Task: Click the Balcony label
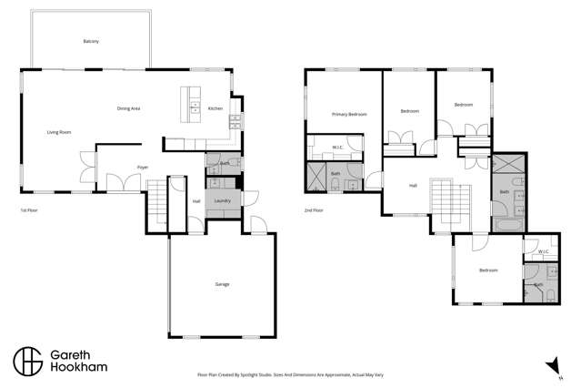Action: coord(90,42)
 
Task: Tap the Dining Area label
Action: coord(128,108)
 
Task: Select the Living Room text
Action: coord(59,132)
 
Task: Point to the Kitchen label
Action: coord(215,108)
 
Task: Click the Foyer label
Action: coord(143,168)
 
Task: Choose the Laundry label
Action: coord(222,200)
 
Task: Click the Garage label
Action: coord(222,284)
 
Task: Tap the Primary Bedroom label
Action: coord(349,114)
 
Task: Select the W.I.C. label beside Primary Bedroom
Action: coord(336,147)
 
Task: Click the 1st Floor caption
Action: coord(29,210)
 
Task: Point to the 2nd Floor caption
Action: coord(314,210)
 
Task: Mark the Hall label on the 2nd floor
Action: coord(413,185)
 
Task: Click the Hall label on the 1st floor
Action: coord(196,201)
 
